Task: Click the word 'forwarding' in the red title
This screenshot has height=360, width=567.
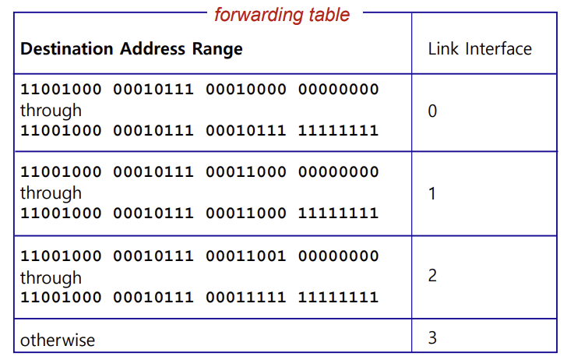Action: tap(258, 14)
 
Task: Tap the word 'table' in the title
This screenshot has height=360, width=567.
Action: tap(328, 14)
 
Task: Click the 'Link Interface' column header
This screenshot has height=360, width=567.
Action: tap(480, 49)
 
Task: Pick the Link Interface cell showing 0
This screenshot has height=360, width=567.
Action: tap(433, 111)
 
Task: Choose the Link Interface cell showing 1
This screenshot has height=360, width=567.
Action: tap(433, 193)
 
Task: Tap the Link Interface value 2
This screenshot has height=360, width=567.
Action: tap(433, 276)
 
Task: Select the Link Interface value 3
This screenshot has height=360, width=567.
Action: tap(433, 338)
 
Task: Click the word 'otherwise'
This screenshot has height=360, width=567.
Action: tap(58, 340)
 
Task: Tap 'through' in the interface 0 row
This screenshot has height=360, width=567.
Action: tap(51, 111)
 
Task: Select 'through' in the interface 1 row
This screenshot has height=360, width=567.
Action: tap(51, 192)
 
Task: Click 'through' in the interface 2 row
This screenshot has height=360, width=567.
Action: tap(51, 277)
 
